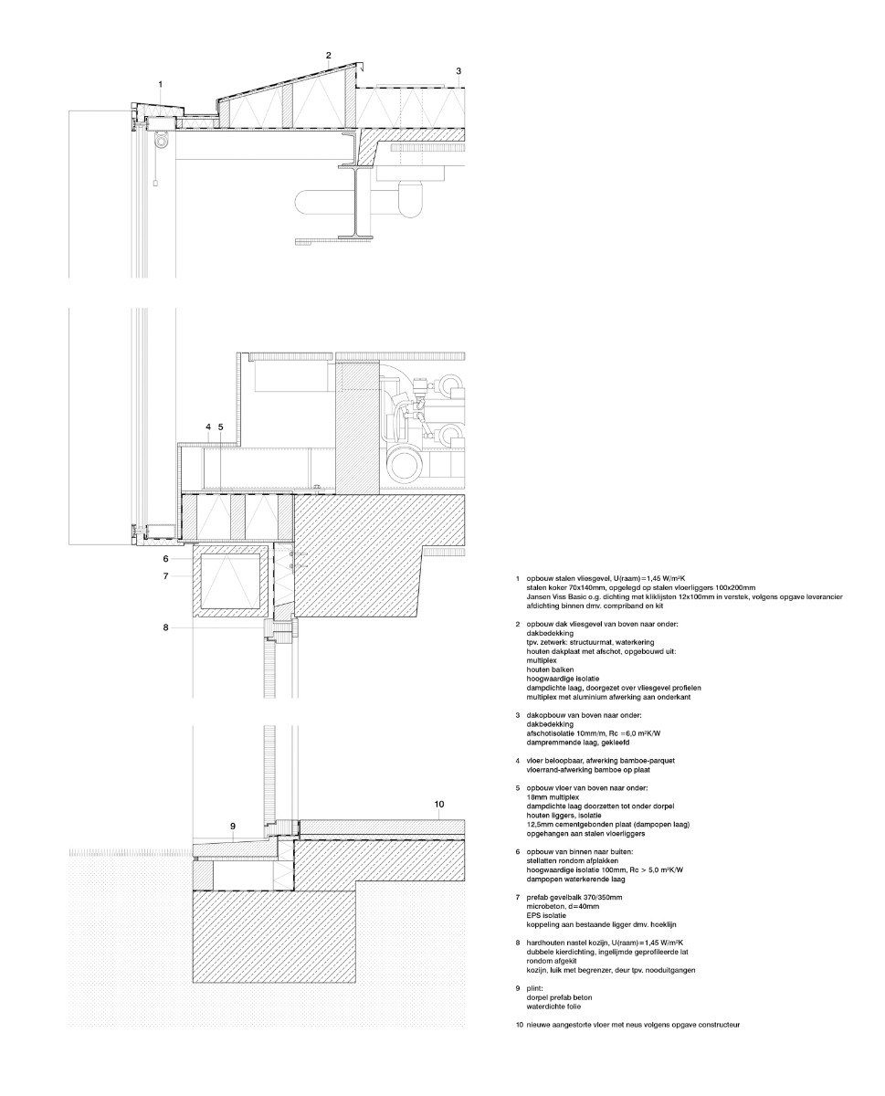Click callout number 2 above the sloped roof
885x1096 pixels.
coord(329,56)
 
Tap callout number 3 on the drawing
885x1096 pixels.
coord(458,70)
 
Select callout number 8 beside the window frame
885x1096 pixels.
coord(166,627)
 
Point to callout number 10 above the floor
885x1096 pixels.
coord(439,804)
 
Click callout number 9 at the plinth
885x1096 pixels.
coord(233,827)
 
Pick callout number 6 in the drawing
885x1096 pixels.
coord(166,558)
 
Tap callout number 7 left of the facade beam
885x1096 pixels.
coord(166,576)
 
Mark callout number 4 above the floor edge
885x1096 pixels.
coord(208,427)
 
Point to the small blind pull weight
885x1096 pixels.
coord(155,183)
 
